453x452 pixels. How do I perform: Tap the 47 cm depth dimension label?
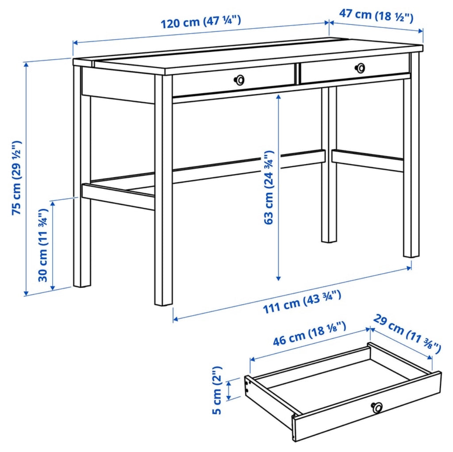coord(376,15)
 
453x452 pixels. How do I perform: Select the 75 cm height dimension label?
coord(17,178)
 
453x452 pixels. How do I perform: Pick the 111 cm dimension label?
coord(302,303)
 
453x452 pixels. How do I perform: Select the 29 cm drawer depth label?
coord(407,333)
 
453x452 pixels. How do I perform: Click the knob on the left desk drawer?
coord(239,80)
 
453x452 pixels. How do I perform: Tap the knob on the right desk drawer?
coord(361,68)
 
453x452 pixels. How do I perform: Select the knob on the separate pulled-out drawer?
coord(377,407)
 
